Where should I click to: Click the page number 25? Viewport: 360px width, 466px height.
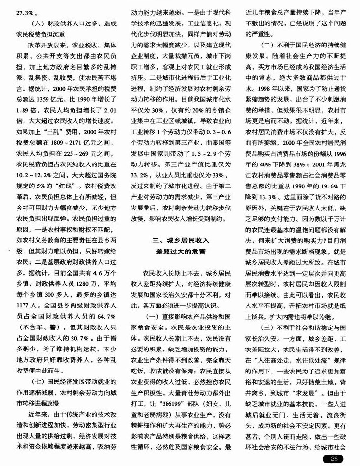(x=335, y=459)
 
